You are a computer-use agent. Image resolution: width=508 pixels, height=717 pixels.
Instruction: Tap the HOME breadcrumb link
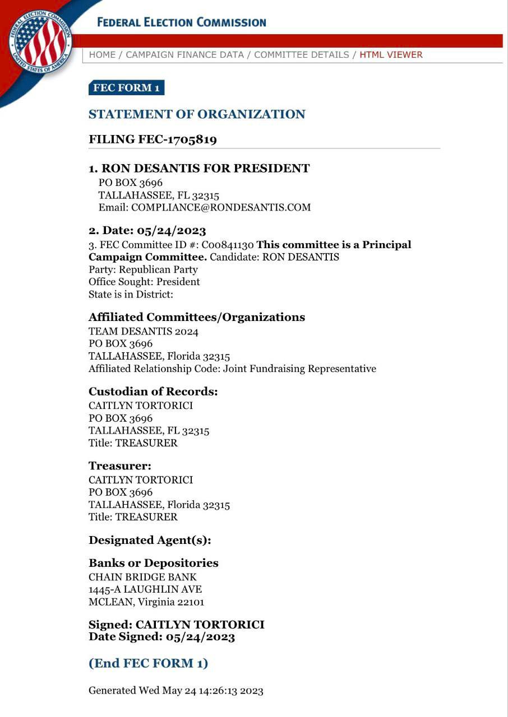(x=102, y=55)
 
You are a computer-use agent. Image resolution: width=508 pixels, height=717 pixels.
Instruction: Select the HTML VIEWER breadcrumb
(x=391, y=55)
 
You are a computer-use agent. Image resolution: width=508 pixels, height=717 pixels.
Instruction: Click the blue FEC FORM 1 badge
(x=126, y=88)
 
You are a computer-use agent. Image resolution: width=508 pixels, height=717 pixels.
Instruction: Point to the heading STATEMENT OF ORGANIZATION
(x=197, y=114)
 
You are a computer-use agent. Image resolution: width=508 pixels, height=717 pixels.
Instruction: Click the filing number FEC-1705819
(x=177, y=139)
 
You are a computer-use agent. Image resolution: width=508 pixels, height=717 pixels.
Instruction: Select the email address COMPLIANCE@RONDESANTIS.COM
(x=221, y=207)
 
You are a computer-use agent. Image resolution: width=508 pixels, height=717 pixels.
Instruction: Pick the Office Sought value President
(x=178, y=282)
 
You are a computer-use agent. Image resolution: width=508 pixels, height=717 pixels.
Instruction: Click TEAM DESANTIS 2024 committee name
(x=144, y=332)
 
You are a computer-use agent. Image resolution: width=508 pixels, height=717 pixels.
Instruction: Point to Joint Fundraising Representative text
(x=299, y=369)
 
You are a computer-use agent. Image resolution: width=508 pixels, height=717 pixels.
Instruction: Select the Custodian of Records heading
(x=153, y=392)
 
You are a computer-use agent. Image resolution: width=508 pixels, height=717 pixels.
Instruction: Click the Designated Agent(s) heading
(x=150, y=541)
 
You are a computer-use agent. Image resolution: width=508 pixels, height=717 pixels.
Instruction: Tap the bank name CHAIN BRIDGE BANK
(x=142, y=577)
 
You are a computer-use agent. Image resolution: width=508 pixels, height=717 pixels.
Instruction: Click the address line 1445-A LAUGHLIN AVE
(x=145, y=589)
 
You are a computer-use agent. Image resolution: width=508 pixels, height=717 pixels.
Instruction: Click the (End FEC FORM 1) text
(x=148, y=663)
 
